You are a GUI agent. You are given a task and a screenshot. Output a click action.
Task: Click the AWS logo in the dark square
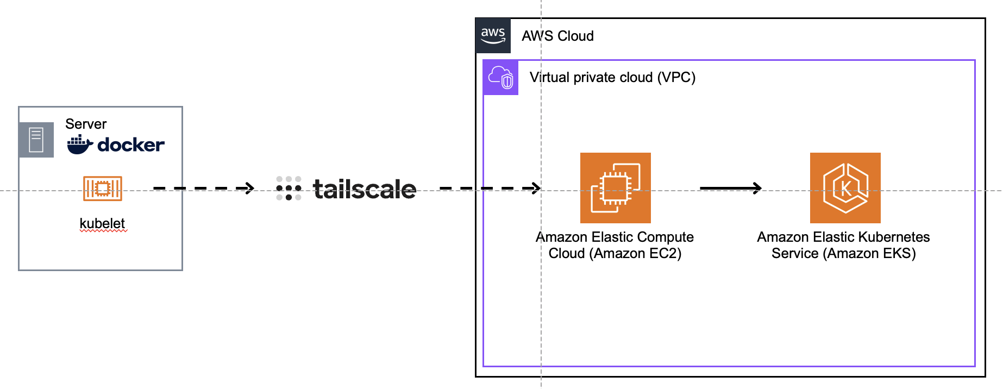click(x=493, y=35)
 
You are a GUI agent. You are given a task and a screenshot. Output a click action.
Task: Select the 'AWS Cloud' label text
click(x=557, y=36)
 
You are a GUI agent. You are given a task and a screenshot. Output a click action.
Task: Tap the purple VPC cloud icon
click(x=500, y=78)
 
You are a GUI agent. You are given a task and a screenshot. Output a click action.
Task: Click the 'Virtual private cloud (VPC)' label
click(x=612, y=77)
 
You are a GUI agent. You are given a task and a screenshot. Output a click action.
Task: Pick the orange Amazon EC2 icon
click(x=615, y=188)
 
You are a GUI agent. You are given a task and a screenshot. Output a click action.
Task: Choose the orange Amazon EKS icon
click(x=845, y=188)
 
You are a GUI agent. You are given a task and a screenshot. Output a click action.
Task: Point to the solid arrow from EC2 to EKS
click(x=730, y=189)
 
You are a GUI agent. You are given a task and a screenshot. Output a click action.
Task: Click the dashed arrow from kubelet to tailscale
click(x=204, y=189)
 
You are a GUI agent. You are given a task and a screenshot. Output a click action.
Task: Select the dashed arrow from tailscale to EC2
click(x=490, y=189)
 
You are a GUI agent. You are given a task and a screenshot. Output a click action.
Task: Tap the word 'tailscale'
click(x=365, y=189)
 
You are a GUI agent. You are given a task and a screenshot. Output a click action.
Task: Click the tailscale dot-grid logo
click(x=289, y=189)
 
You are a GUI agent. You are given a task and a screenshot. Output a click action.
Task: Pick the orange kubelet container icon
click(x=102, y=189)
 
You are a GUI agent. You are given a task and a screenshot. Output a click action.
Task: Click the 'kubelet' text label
click(x=102, y=223)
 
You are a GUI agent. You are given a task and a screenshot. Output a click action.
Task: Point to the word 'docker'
click(x=131, y=145)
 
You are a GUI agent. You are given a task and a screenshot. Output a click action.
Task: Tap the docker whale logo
click(x=80, y=145)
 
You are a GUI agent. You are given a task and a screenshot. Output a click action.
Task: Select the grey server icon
click(x=36, y=140)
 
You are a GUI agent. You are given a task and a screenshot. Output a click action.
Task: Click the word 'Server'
click(x=86, y=124)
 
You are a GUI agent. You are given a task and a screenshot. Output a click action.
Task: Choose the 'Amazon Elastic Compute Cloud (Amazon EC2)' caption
click(x=615, y=245)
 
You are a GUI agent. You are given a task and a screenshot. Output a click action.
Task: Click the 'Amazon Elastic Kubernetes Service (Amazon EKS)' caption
click(x=843, y=245)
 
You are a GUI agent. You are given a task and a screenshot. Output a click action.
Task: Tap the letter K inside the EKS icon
click(x=845, y=189)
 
